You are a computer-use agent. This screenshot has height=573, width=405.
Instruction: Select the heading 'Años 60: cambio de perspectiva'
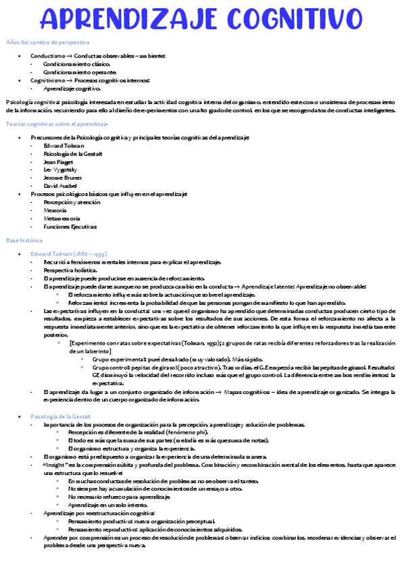(x=47, y=43)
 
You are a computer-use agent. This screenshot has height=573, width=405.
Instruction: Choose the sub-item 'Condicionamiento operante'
(x=74, y=72)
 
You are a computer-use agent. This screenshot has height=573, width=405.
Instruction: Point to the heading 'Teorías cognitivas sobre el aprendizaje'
(x=57, y=124)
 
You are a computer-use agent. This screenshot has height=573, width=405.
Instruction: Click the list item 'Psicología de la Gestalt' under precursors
(x=72, y=154)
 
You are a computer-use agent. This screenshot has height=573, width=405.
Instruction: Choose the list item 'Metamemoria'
(x=62, y=218)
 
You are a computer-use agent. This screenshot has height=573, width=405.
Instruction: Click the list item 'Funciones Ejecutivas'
(x=70, y=226)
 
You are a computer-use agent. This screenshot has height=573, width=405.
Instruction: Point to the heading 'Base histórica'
(x=24, y=241)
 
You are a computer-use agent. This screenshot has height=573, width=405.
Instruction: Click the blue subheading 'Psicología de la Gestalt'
(x=66, y=417)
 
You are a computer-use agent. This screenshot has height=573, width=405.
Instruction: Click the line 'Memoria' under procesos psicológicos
(x=56, y=210)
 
